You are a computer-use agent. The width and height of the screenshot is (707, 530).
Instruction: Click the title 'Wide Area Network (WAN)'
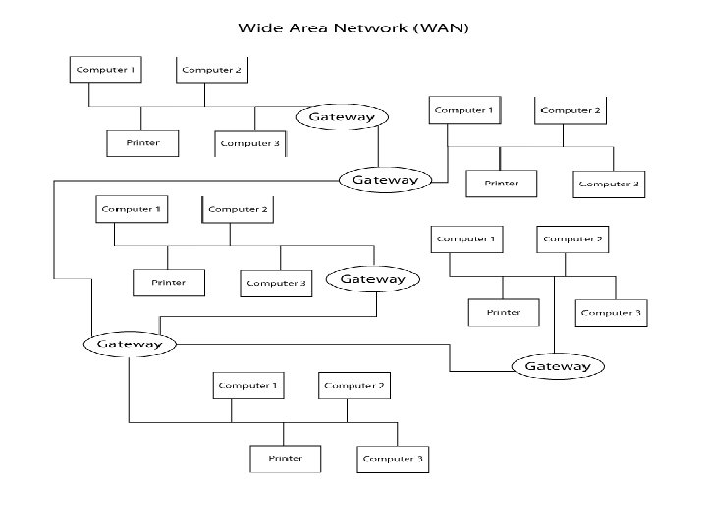pyautogui.click(x=353, y=27)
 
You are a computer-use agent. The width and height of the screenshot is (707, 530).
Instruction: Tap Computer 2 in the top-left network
pyautogui.click(x=211, y=71)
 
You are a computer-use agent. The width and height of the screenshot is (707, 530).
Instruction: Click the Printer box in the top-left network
pyautogui.click(x=142, y=143)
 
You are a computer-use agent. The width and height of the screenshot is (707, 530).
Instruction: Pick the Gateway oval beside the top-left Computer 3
pyautogui.click(x=342, y=117)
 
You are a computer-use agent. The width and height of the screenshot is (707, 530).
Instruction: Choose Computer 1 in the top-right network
pyautogui.click(x=464, y=111)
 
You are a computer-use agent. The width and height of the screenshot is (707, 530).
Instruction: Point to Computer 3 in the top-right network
pyautogui.click(x=609, y=184)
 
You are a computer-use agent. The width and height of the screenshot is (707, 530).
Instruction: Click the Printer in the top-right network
pyautogui.click(x=501, y=184)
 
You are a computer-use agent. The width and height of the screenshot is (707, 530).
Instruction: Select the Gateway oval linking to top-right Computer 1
pyautogui.click(x=385, y=180)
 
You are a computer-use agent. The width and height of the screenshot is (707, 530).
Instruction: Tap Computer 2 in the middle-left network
pyautogui.click(x=238, y=210)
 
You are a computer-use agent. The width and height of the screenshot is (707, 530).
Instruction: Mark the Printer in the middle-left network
pyautogui.click(x=169, y=283)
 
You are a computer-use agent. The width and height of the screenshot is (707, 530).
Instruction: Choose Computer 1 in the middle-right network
pyautogui.click(x=466, y=239)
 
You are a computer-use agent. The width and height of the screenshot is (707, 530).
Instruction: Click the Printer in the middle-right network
pyautogui.click(x=504, y=313)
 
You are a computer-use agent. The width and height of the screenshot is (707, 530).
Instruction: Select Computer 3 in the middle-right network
pyautogui.click(x=611, y=313)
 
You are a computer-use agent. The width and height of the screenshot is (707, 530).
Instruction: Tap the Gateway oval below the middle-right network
pyautogui.click(x=558, y=366)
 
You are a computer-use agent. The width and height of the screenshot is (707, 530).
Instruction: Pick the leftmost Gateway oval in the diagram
pyautogui.click(x=130, y=344)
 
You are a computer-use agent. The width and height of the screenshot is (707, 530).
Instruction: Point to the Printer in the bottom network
pyautogui.click(x=285, y=458)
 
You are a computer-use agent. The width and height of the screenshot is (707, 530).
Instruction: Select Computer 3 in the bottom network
pyautogui.click(x=393, y=458)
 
